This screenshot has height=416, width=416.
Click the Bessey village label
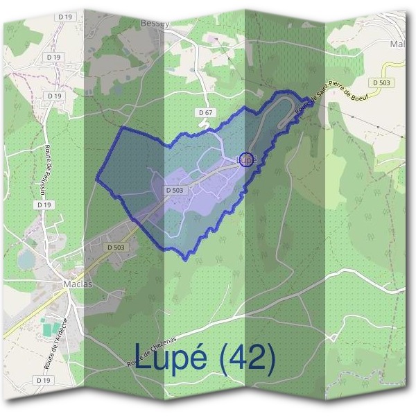(x=155, y=23)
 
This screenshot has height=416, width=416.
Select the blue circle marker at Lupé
(x=245, y=159)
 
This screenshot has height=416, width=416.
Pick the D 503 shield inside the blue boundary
(x=175, y=190)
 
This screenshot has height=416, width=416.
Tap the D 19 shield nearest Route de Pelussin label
(x=44, y=205)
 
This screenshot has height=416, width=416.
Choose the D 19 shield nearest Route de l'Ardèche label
(x=45, y=381)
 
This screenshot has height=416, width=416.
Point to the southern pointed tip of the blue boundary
(x=186, y=259)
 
